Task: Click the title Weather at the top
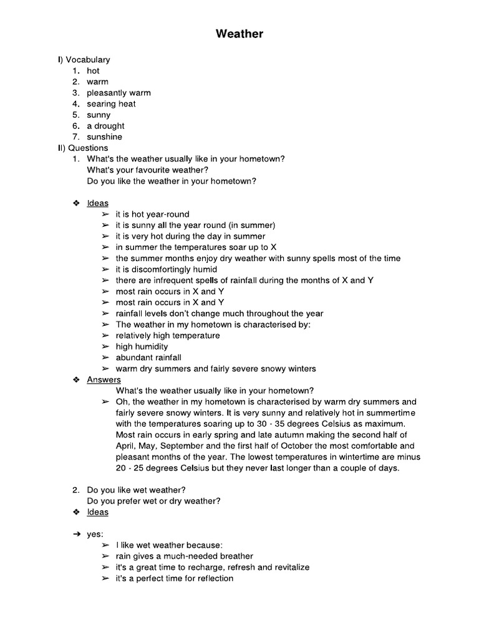click(x=239, y=34)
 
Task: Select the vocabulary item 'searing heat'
click(x=111, y=104)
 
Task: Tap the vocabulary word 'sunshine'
click(x=105, y=137)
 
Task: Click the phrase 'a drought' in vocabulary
click(x=105, y=126)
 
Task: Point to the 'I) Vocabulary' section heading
click(x=84, y=60)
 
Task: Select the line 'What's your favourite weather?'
click(x=148, y=170)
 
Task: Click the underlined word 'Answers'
click(x=104, y=379)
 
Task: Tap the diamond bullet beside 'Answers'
click(x=75, y=379)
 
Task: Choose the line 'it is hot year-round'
click(x=152, y=214)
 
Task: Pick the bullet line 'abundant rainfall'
click(x=148, y=358)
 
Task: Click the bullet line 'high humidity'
click(x=142, y=346)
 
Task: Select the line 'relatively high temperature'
click(x=168, y=336)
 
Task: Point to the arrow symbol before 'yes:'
click(x=76, y=535)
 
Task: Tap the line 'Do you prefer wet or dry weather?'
click(x=154, y=501)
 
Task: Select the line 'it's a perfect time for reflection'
click(x=175, y=578)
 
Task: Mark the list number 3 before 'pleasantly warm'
click(x=75, y=93)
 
